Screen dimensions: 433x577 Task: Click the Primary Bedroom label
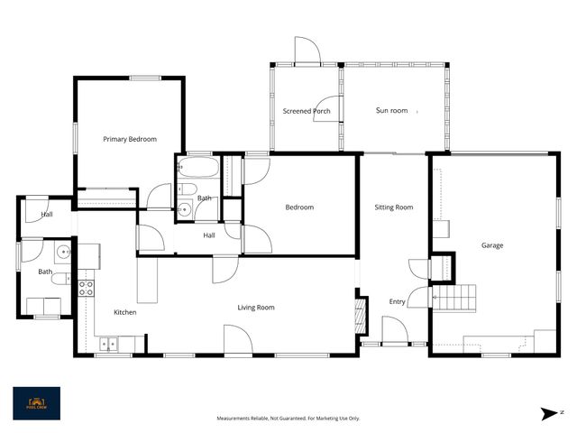130,139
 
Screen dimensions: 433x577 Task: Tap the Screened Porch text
307,111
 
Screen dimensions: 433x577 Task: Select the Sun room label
391,111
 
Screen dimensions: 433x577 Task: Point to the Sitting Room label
394,207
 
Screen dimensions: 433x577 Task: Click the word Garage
491,245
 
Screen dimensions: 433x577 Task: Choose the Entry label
397,301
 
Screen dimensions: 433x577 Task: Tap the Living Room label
256,308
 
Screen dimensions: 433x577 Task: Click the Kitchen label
124,312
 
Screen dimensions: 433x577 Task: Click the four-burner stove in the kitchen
87,289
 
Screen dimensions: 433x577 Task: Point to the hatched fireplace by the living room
360,315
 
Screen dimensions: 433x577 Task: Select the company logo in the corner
36,403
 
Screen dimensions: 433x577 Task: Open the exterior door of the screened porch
307,52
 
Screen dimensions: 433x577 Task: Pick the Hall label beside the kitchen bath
47,215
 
